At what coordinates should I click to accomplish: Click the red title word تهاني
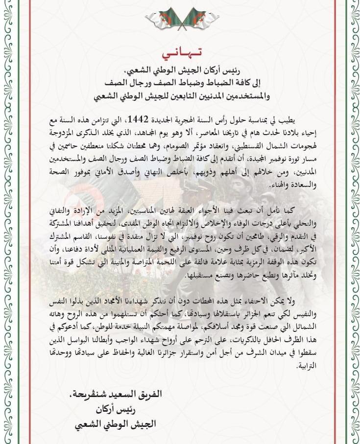[x=180, y=51]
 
